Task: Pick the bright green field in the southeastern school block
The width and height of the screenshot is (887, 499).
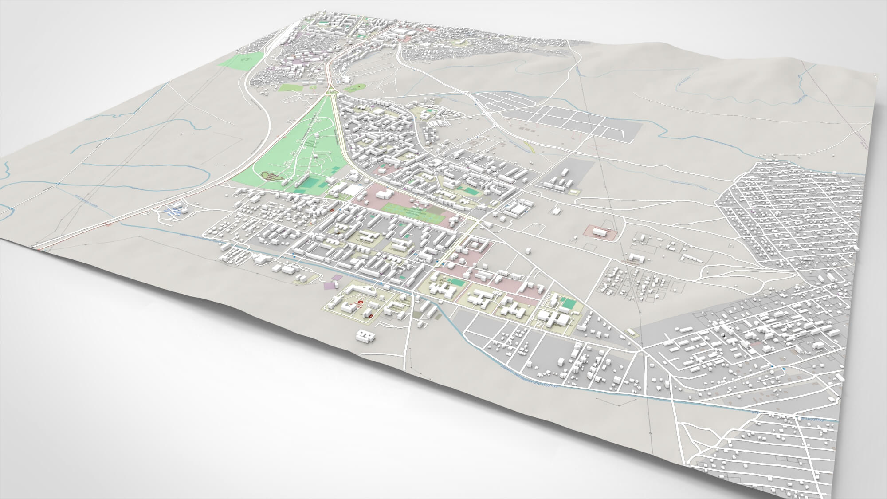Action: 567,304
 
